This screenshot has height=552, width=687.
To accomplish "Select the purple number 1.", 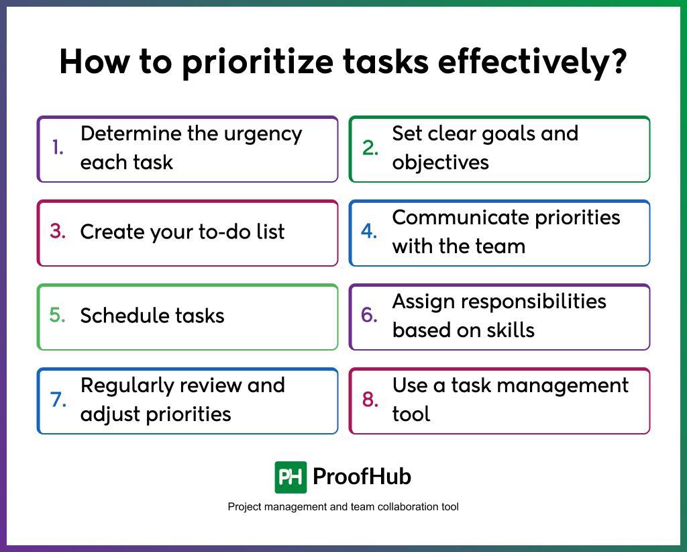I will tap(58, 148).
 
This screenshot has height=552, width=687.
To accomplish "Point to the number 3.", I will tap(58, 232).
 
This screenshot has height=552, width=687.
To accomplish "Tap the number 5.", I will tap(58, 316).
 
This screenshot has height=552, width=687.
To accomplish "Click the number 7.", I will tap(58, 400).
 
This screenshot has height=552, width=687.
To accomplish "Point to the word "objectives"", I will tap(440, 163).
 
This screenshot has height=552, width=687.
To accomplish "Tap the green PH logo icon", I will tap(290, 477).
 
